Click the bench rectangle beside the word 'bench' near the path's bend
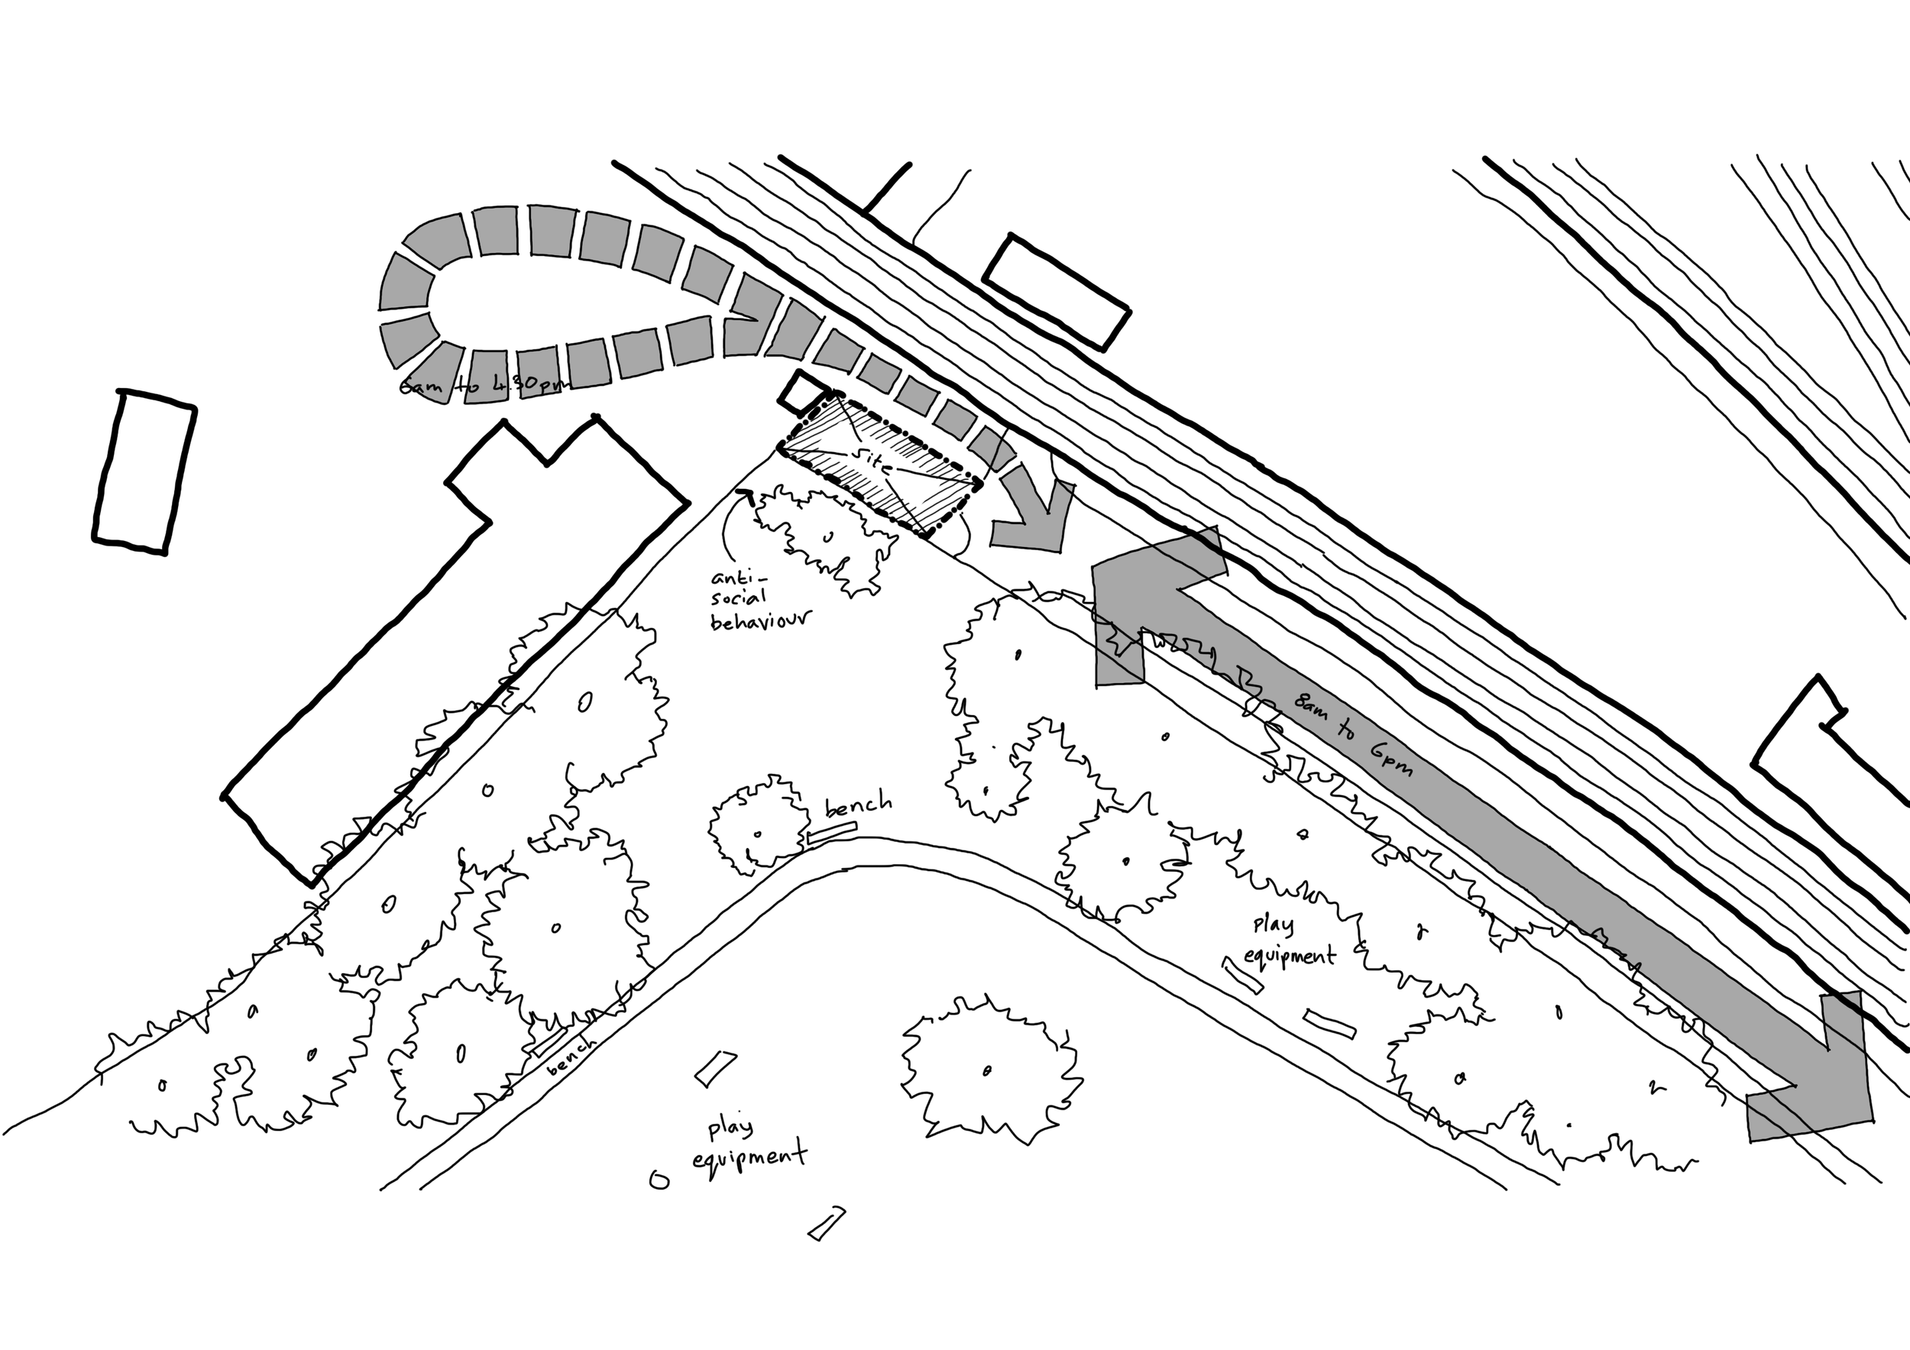831,834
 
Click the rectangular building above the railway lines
1057,292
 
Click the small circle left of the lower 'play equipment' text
659,1180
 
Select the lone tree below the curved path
990,1069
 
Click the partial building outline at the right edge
1830,749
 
